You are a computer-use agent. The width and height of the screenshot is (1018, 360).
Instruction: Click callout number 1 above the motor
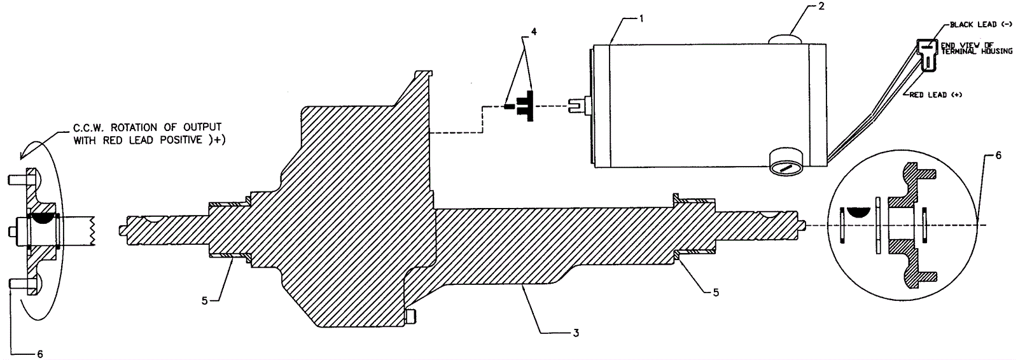[642, 19]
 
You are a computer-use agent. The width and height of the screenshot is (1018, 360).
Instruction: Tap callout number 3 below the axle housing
[575, 333]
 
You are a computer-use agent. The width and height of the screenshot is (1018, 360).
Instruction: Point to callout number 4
[533, 31]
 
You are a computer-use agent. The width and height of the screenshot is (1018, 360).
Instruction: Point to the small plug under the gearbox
[411, 316]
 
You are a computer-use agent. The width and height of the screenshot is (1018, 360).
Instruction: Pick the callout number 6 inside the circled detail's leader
[998, 155]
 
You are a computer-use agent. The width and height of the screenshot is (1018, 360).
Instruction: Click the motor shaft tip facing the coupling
[576, 106]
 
